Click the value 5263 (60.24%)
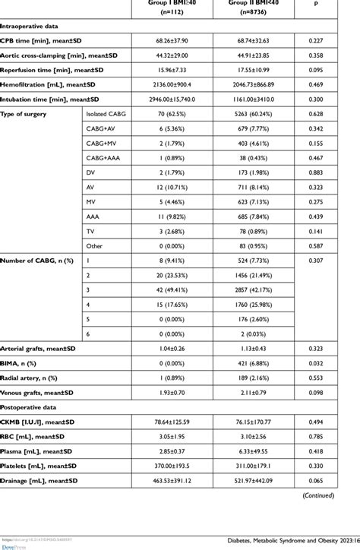coord(251,113)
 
